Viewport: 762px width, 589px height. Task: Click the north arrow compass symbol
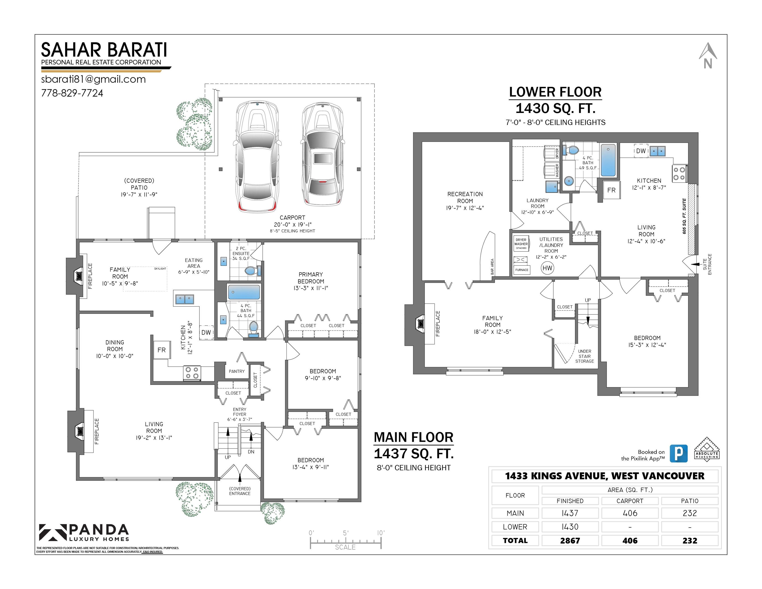pyautogui.click(x=708, y=56)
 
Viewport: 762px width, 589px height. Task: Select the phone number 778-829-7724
pyautogui.click(x=72, y=93)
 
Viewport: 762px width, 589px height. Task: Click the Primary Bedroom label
pyautogui.click(x=311, y=278)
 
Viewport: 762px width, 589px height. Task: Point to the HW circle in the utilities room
pyautogui.click(x=547, y=268)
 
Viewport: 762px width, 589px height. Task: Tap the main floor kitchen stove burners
pyautogui.click(x=191, y=373)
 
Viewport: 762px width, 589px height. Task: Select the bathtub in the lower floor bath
pyautogui.click(x=608, y=160)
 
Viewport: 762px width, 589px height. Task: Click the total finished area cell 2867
pyautogui.click(x=570, y=540)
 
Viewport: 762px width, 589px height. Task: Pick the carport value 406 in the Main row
pyautogui.click(x=630, y=513)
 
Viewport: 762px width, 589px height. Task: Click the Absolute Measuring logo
pyautogui.click(x=707, y=449)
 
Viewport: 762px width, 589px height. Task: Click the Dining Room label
pyautogui.click(x=115, y=345)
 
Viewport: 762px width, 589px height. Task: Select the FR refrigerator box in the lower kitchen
pyautogui.click(x=611, y=190)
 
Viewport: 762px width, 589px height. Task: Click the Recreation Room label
pyautogui.click(x=465, y=198)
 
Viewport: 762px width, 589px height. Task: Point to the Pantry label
pyautogui.click(x=236, y=371)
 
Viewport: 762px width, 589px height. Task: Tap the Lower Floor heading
pyautogui.click(x=555, y=92)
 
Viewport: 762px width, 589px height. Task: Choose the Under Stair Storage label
pyautogui.click(x=584, y=356)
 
